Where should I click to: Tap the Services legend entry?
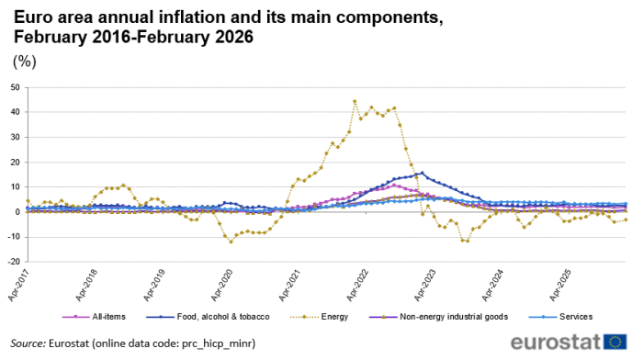564,317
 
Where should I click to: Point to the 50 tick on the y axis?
14,88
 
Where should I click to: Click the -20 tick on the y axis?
12,262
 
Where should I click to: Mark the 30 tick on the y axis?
14,138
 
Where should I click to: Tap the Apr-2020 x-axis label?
223,285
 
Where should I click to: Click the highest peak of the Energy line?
355,101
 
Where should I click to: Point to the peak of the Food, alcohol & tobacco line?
422,173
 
